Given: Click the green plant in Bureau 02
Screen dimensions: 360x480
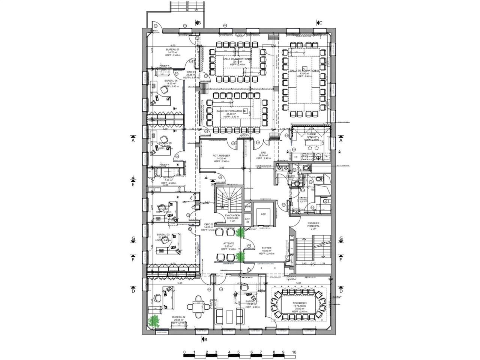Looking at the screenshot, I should coord(153,321).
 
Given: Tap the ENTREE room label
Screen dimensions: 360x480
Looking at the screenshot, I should coord(267,248).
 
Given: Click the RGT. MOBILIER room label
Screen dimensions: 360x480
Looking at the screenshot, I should coord(220,155).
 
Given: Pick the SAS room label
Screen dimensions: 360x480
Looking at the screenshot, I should coord(264,153).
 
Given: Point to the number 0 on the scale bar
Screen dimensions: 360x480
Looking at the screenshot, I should coord(184,352).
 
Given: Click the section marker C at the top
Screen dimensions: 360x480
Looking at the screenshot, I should coord(320,23).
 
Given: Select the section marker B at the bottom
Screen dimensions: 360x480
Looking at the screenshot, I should coord(205,340).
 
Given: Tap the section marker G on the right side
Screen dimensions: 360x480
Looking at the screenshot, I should coord(341,238).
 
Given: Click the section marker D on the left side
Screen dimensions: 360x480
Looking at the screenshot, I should coord(133,291).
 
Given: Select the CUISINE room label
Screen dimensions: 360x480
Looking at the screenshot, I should coord(311,134).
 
